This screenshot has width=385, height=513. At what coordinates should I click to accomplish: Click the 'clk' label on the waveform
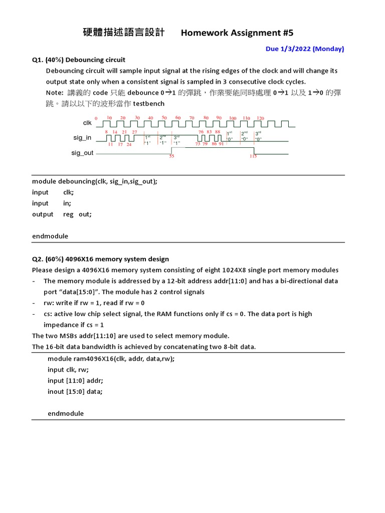click(x=87, y=123)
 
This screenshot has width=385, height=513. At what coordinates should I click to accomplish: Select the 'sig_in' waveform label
click(x=82, y=138)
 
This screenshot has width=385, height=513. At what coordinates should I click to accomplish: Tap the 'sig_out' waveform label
click(x=82, y=153)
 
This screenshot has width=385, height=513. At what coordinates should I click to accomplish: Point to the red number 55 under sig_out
click(x=171, y=156)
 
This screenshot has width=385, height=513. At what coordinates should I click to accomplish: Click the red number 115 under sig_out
click(x=253, y=156)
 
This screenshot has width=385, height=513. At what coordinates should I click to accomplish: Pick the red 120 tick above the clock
click(x=260, y=118)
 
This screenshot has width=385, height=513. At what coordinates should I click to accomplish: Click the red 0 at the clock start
click(x=96, y=118)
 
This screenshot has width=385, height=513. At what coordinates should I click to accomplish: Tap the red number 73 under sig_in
click(x=198, y=144)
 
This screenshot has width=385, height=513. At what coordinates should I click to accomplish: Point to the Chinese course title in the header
click(x=123, y=33)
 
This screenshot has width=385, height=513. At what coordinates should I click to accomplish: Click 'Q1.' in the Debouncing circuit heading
click(x=38, y=60)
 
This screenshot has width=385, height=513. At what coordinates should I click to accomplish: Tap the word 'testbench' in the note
click(x=148, y=103)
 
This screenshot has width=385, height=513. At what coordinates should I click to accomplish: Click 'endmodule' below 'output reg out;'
click(x=50, y=236)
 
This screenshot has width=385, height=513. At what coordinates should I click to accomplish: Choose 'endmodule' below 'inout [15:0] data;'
click(x=66, y=413)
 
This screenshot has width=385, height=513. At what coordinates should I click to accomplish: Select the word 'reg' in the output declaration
click(x=68, y=214)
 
